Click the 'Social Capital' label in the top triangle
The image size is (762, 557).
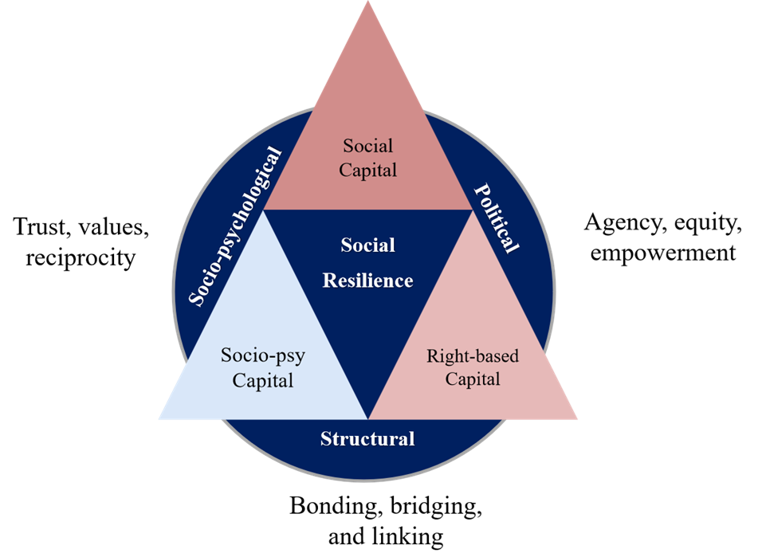368,157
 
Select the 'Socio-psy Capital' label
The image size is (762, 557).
263,367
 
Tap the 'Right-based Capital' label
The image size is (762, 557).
473,367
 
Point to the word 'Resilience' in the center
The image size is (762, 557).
368,280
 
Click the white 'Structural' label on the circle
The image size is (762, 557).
367,438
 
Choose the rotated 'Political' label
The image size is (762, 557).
496,218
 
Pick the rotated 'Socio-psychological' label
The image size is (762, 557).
236,226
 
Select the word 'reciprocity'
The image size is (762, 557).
75,259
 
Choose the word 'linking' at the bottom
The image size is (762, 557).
409,536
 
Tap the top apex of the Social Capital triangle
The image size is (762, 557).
368,3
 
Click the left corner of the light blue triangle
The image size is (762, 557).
160,418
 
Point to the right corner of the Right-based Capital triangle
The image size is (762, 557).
575,418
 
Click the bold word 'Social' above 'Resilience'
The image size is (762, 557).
368,245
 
